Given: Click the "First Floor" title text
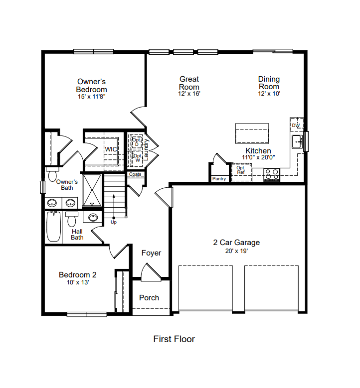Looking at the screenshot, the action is click(174, 339).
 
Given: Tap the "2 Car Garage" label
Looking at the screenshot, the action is click(236, 243).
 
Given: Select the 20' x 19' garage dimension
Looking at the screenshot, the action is click(236, 251).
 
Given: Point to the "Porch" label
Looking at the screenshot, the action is click(149, 298).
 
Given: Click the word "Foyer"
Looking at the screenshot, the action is click(151, 253).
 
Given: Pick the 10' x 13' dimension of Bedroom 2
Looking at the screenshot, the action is click(78, 282).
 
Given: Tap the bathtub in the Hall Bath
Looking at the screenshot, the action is click(53, 226).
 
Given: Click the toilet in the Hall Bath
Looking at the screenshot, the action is click(72, 219).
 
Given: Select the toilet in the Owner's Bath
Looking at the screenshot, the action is click(52, 174).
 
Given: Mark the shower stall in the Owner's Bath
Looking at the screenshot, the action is click(92, 190).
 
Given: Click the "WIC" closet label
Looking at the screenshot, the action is click(111, 149).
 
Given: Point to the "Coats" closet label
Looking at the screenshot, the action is click(135, 174).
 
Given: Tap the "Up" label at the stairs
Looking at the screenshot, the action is click(114, 222).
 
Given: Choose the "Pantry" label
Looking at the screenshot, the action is click(219, 179).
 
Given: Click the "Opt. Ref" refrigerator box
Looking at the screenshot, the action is click(241, 172).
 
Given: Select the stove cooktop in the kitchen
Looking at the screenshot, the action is click(272, 174).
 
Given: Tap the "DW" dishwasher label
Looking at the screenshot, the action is click(296, 126).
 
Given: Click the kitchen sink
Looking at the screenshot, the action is click(297, 141).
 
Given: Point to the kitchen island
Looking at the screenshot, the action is click(252, 133).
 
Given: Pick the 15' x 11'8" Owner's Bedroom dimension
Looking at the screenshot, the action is click(92, 97).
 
